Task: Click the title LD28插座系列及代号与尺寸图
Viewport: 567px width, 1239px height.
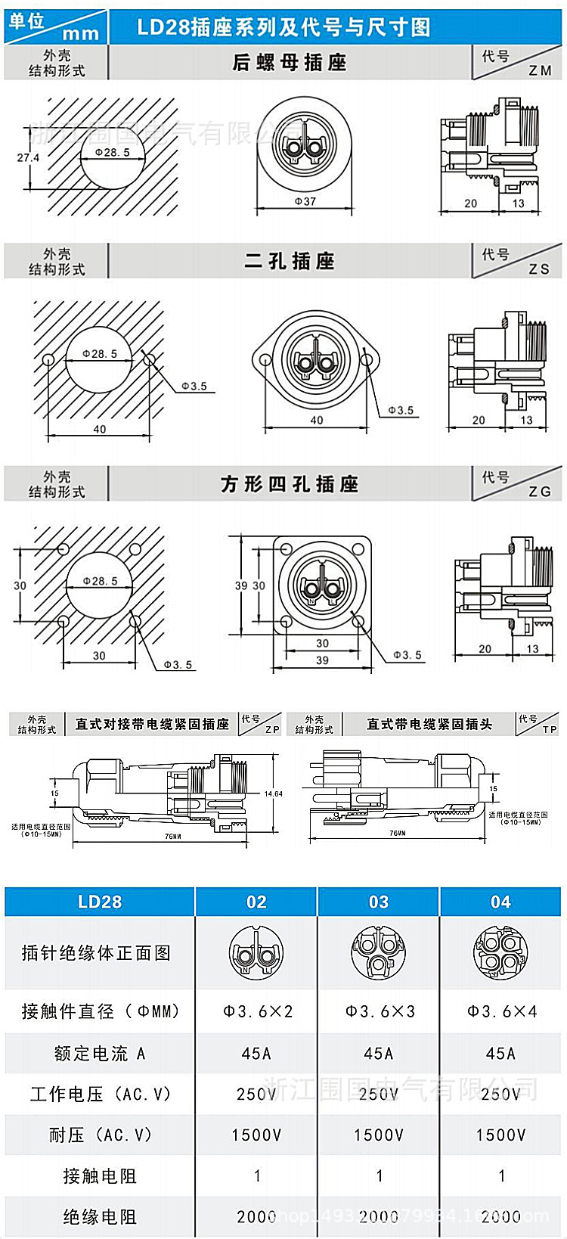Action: (x=283, y=27)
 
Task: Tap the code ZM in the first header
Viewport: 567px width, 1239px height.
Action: (x=540, y=70)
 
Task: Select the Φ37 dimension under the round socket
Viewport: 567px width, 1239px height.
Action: (x=305, y=202)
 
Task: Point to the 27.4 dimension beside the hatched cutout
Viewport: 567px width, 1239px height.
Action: (x=28, y=157)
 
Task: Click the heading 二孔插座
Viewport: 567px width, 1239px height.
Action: (x=290, y=262)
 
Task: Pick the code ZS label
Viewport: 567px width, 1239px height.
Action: (x=539, y=269)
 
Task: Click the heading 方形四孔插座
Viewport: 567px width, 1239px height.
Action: (x=290, y=484)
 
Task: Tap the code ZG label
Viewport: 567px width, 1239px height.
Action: (x=540, y=492)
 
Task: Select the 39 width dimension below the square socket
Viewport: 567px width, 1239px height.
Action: (x=322, y=660)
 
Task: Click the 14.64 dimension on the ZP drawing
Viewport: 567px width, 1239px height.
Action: (x=273, y=793)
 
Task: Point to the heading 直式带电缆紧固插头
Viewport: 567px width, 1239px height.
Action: (x=429, y=724)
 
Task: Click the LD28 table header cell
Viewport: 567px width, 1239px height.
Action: (x=100, y=902)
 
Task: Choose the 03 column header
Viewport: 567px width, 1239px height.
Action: (x=379, y=902)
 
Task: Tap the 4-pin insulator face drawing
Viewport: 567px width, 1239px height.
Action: (x=500, y=952)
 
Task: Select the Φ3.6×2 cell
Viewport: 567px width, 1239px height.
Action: (x=257, y=1011)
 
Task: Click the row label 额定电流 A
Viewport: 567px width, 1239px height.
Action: (x=100, y=1053)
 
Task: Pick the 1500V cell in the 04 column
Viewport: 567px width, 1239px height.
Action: (x=500, y=1135)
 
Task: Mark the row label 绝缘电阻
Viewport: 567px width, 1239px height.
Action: (x=100, y=1216)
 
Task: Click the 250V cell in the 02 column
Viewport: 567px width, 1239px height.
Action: (x=257, y=1094)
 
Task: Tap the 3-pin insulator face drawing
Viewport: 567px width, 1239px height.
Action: (x=379, y=952)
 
